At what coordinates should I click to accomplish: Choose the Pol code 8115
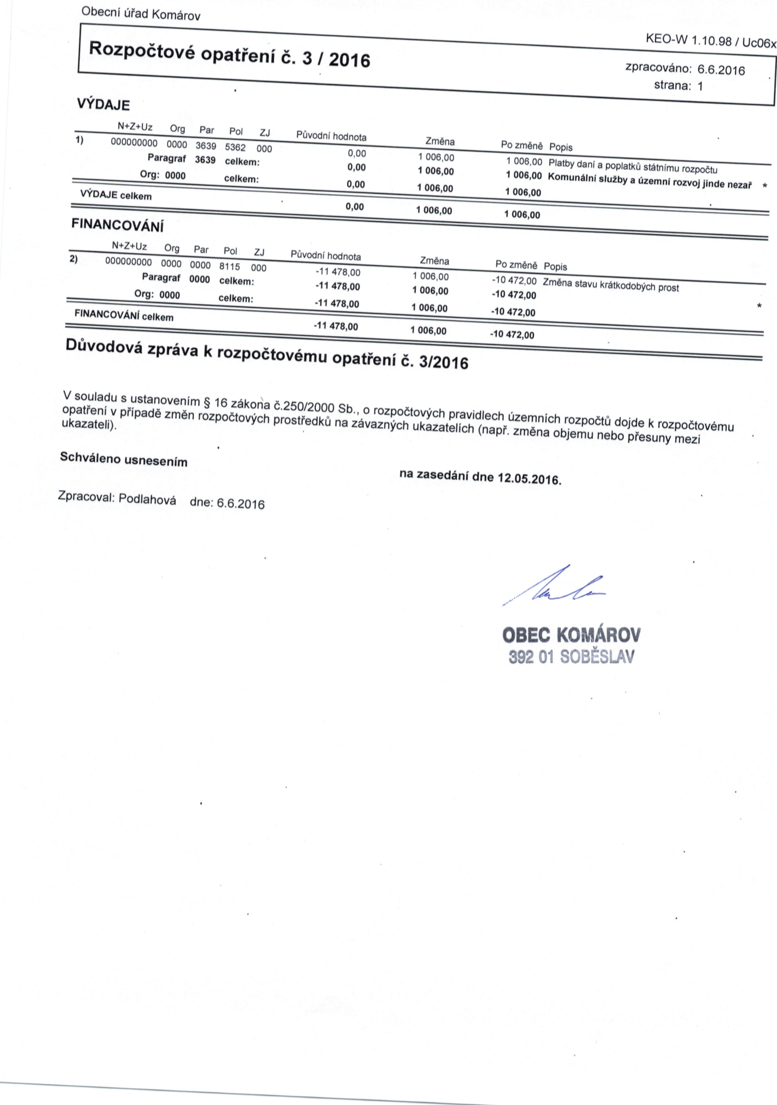(x=229, y=266)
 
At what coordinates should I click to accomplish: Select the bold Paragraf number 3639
(x=205, y=160)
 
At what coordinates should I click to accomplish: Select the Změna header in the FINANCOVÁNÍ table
(x=434, y=261)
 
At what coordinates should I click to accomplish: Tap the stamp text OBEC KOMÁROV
(x=571, y=635)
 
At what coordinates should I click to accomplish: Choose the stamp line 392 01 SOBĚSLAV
(x=571, y=657)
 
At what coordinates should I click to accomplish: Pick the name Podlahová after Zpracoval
(x=147, y=499)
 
